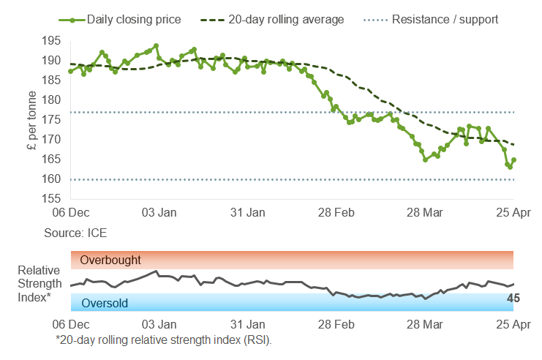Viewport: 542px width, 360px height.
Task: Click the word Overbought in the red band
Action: pyautogui.click(x=110, y=260)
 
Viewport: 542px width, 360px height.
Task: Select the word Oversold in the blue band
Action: pyautogui.click(x=104, y=303)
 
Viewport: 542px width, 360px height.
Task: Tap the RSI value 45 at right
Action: pyautogui.click(x=513, y=298)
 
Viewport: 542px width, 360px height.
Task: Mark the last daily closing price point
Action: pyautogui.click(x=513, y=160)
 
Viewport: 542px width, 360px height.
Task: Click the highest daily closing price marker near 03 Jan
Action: pyautogui.click(x=157, y=45)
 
